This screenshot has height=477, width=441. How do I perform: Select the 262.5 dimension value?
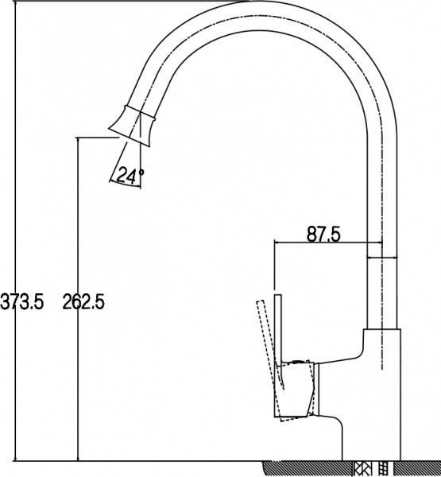pos(83,301)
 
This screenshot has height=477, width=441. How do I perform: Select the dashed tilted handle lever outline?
pos(264,342)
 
